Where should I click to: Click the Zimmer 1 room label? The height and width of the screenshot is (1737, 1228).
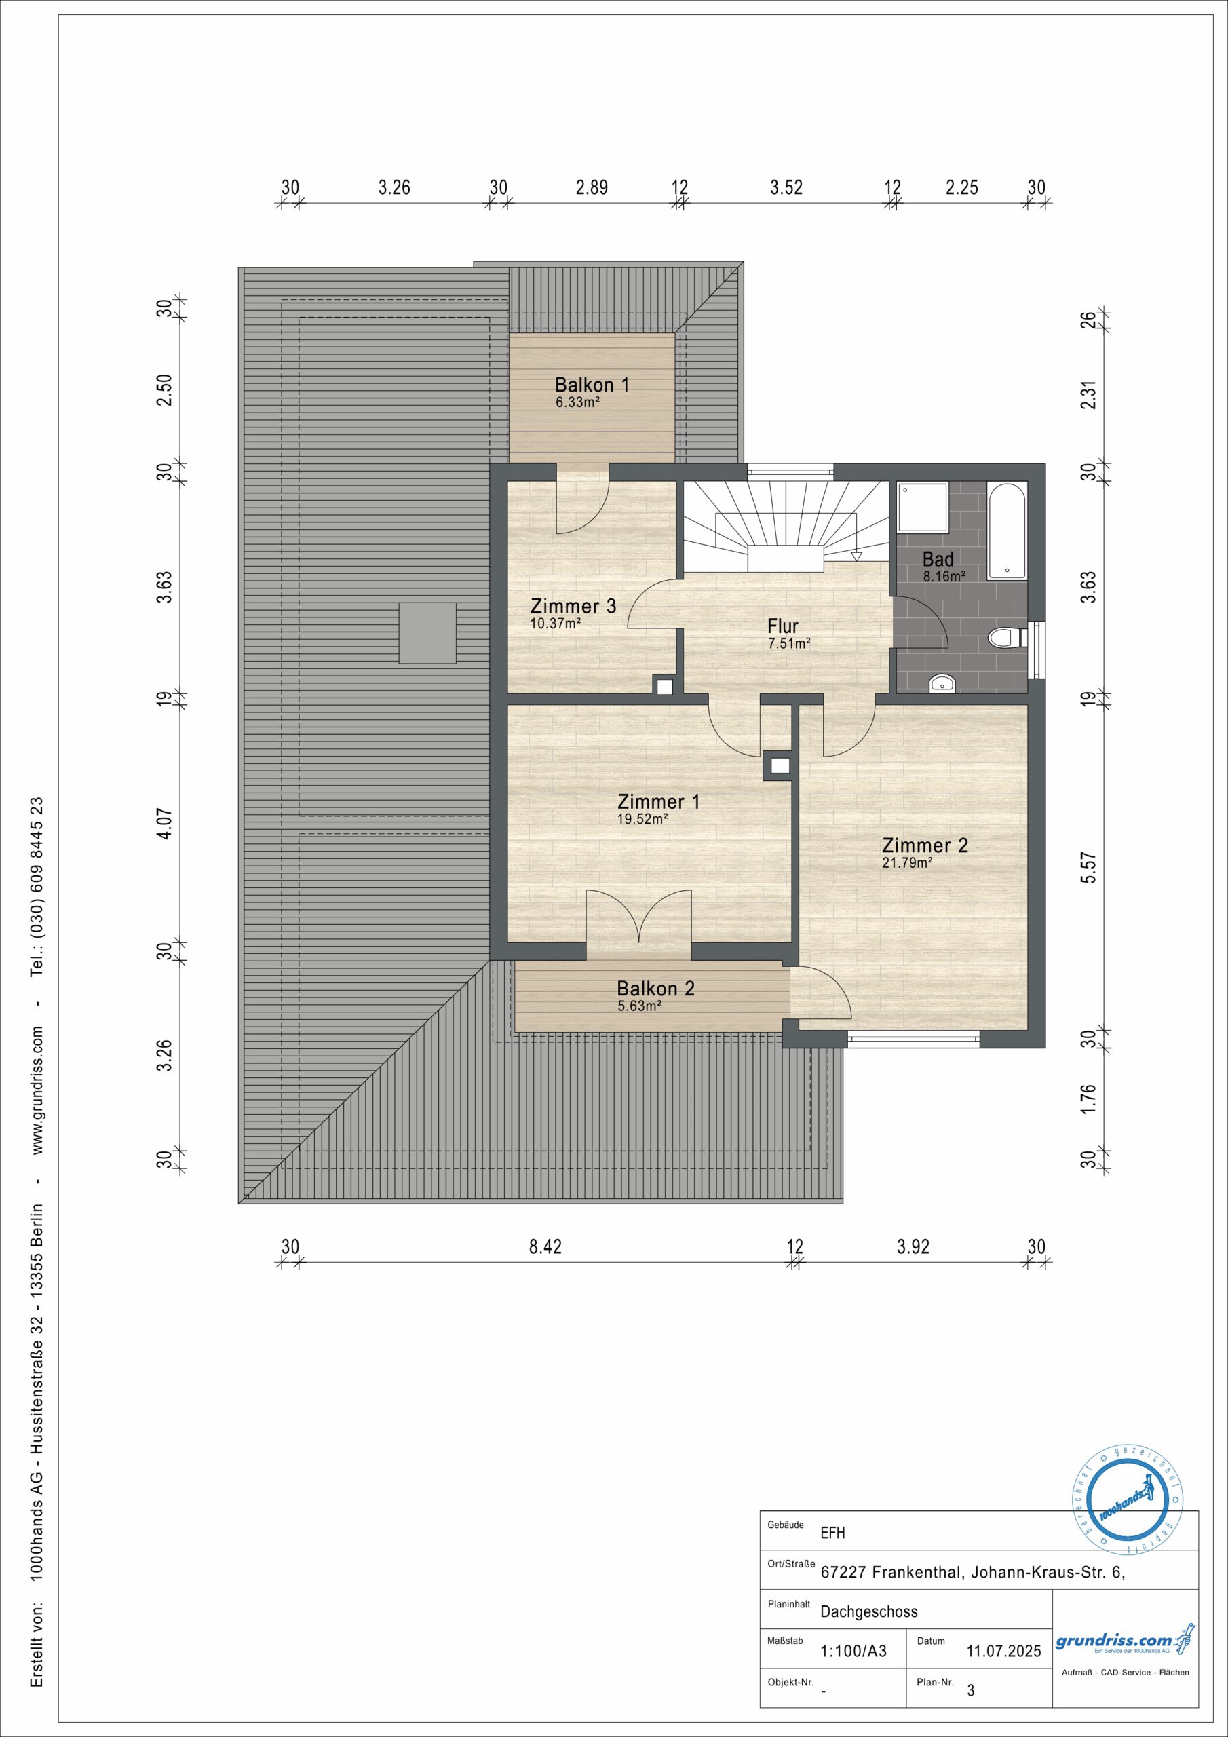658,801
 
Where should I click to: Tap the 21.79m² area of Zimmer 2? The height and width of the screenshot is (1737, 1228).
906,862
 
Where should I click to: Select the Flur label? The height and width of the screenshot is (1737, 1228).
782,626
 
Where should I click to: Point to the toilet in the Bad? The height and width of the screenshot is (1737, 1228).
1005,638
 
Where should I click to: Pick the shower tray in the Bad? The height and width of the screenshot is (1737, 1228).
923,507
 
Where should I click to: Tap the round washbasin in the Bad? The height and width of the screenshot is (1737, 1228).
942,683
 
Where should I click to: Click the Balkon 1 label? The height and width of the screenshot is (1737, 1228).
592,384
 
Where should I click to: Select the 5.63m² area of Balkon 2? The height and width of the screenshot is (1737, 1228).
639,1006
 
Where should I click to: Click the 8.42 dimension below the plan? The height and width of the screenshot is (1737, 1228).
545,1246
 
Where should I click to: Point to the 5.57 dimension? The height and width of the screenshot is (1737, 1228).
1088,867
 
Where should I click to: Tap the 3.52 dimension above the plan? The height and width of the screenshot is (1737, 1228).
786,187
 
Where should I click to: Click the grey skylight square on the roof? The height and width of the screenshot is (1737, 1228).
427,633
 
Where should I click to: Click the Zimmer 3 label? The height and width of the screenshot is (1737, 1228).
573,606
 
